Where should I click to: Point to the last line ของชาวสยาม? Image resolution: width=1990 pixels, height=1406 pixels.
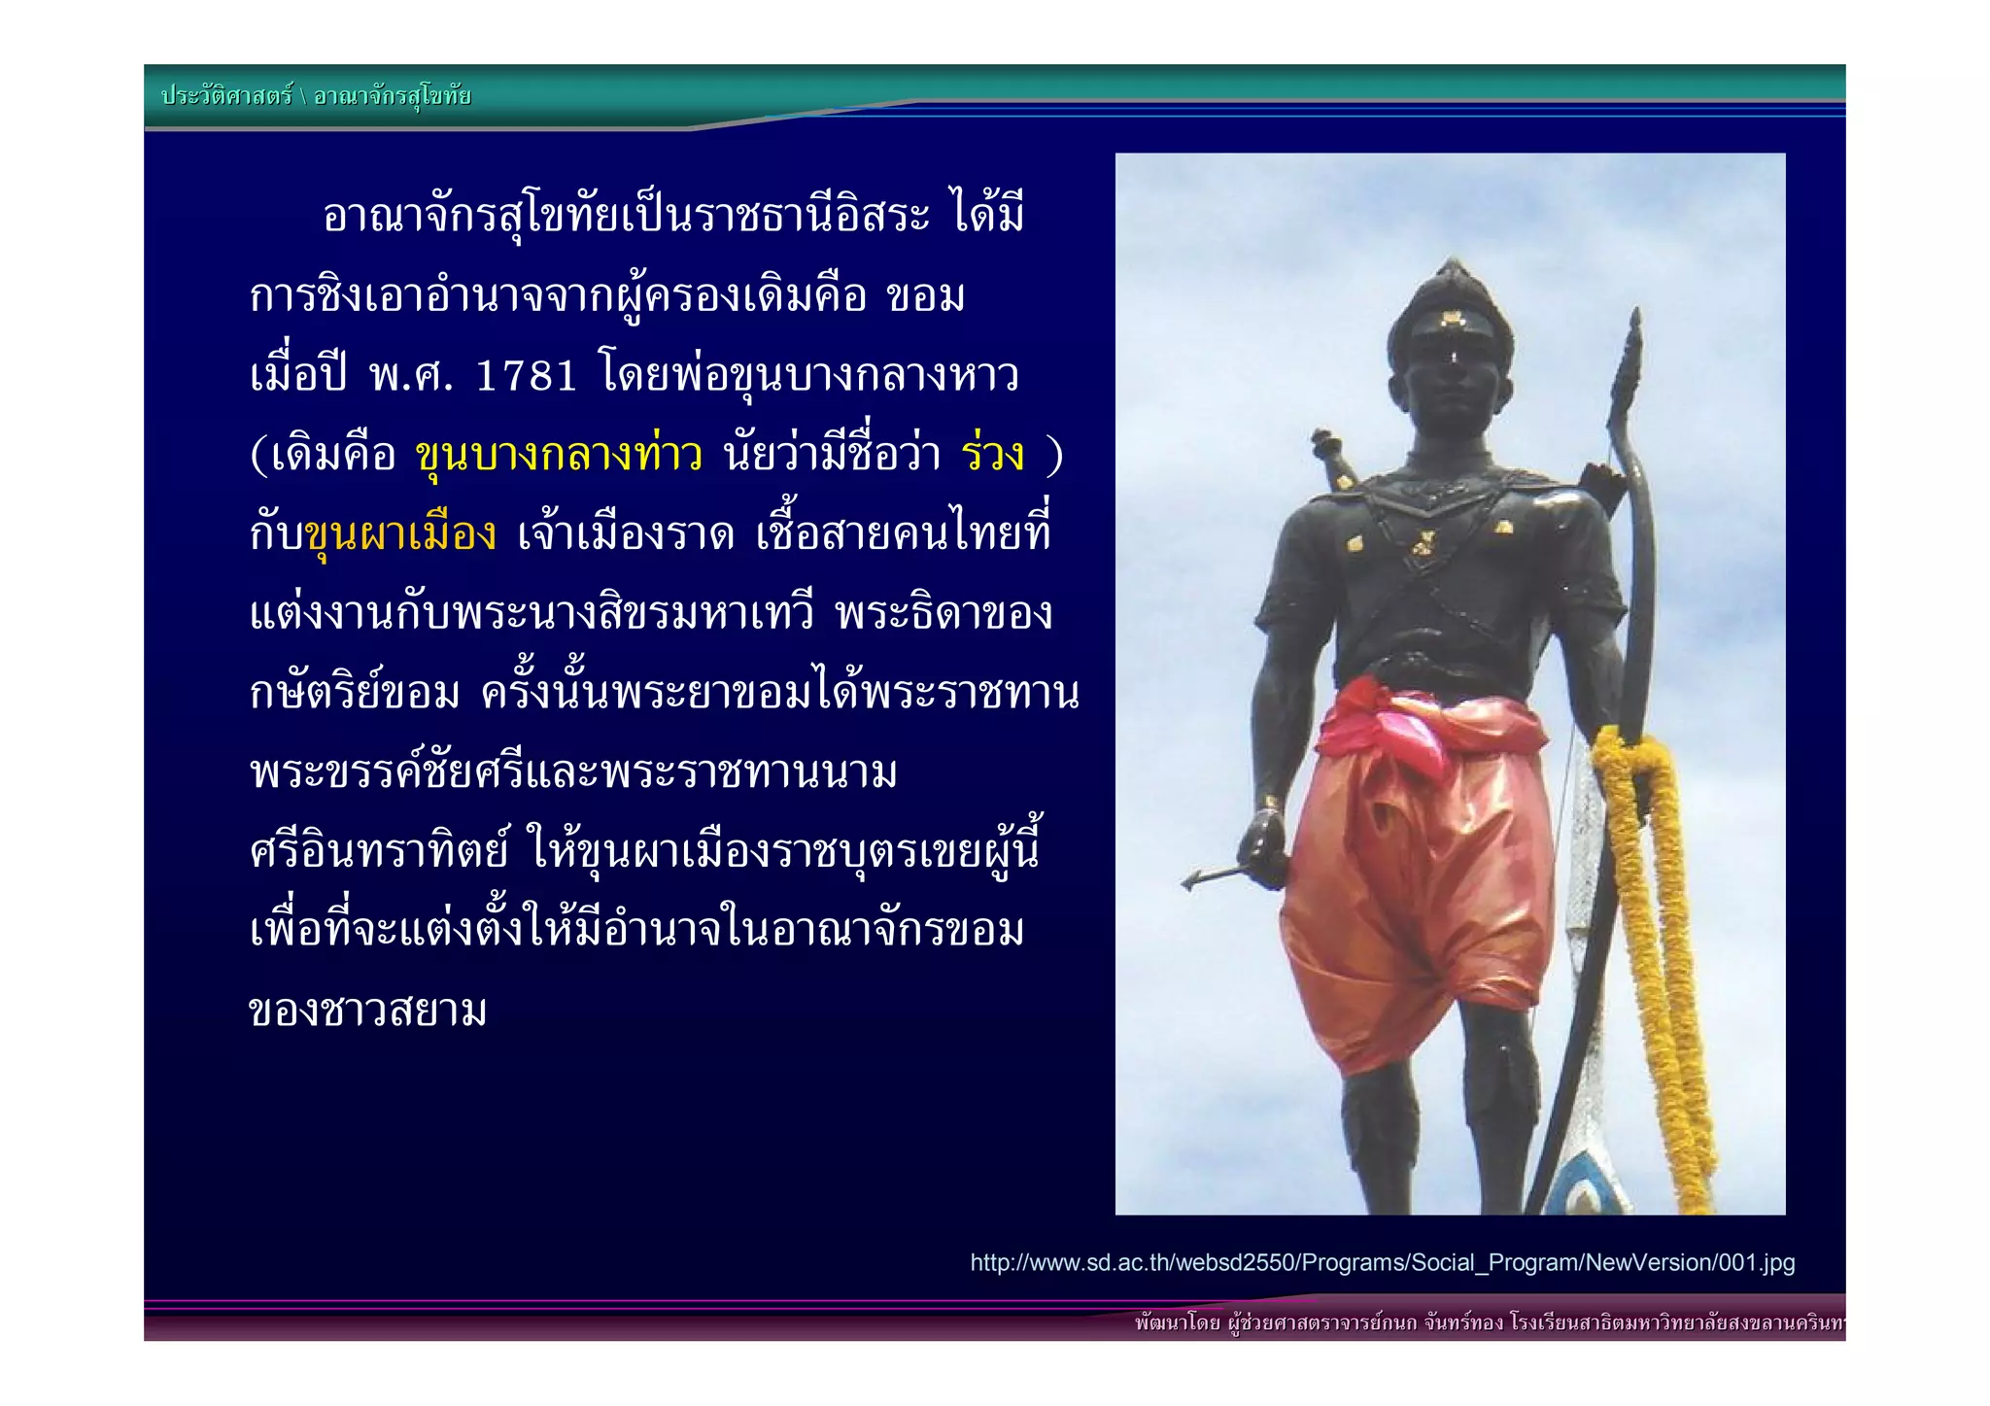point(367,1012)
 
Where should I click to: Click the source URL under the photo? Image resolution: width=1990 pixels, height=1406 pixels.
point(1382,1263)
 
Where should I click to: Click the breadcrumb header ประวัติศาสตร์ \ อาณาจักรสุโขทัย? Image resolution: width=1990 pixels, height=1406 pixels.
point(316,96)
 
